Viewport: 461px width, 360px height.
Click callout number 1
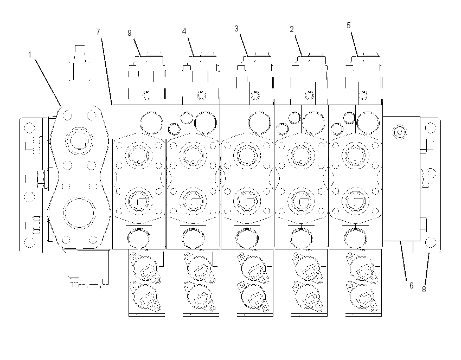[x=30, y=55]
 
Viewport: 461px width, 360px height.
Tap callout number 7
[x=98, y=31]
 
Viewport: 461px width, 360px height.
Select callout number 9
[x=130, y=33]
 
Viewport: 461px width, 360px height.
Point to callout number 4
[x=184, y=31]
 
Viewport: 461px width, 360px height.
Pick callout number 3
[x=236, y=29]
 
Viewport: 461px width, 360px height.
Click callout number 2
[x=291, y=29]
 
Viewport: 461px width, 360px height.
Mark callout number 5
[x=348, y=25]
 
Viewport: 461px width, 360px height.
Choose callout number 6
[x=411, y=285]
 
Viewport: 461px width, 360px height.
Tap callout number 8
[x=424, y=290]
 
